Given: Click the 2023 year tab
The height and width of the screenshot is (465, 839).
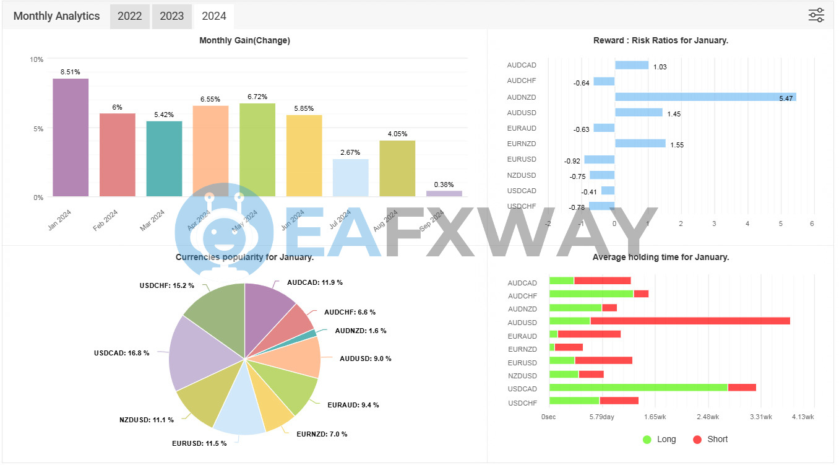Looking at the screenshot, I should click(171, 16).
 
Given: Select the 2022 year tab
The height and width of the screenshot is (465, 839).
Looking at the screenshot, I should click(130, 16).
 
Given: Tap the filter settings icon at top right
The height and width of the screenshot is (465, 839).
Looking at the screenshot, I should click(816, 15).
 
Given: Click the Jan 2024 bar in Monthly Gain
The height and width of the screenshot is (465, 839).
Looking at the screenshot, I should click(71, 137).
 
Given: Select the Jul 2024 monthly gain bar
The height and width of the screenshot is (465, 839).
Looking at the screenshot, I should click(350, 178).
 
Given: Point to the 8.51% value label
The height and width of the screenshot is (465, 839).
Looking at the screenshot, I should click(71, 72).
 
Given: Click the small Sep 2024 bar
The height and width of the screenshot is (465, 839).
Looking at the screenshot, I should click(444, 194).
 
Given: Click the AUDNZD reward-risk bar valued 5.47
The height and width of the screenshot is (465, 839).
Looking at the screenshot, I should click(705, 97).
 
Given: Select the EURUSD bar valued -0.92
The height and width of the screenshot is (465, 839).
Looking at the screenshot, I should click(599, 160).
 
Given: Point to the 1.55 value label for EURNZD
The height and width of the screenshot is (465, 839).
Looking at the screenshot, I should click(678, 145).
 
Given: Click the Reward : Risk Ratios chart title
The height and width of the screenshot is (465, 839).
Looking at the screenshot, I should click(660, 41).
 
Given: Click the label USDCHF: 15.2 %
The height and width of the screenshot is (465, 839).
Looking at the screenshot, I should click(166, 285).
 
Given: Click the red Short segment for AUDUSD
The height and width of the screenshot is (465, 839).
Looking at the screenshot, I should click(690, 321).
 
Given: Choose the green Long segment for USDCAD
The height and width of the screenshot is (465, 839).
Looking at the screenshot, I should click(638, 388).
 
